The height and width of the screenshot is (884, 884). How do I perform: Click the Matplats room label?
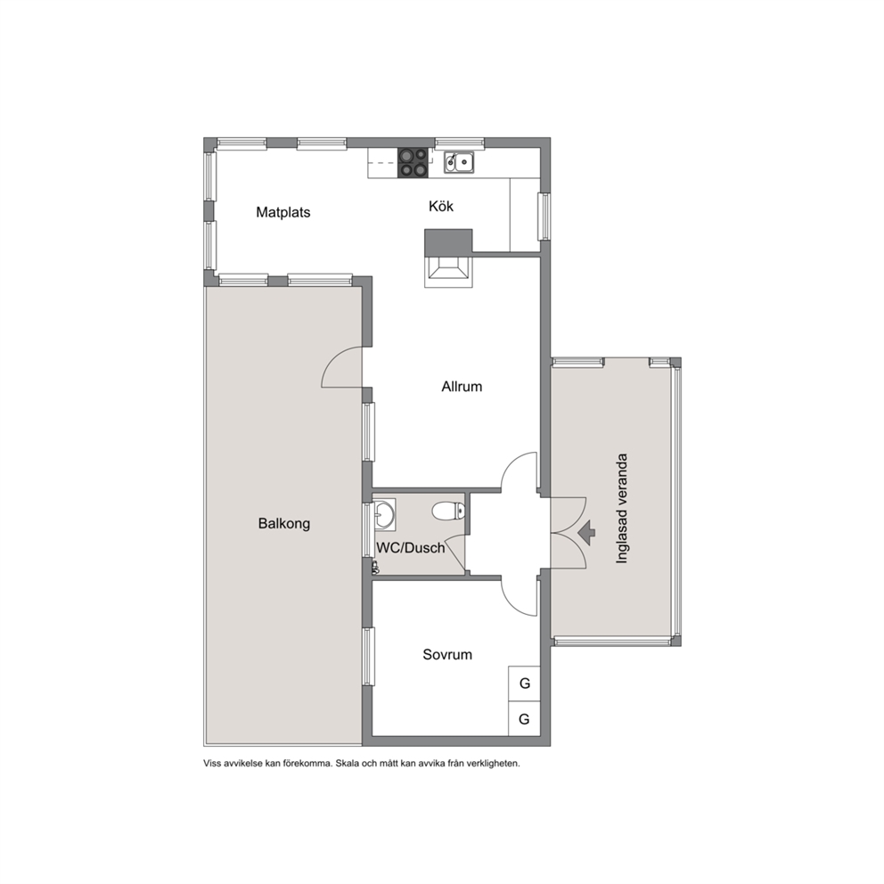point(283,213)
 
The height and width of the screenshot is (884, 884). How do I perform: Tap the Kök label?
point(441,207)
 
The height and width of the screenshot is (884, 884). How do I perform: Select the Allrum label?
point(462,387)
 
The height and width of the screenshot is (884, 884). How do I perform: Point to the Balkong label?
point(284,524)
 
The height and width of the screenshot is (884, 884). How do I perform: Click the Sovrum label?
point(447,655)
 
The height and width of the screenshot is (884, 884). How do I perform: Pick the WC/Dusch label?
point(411,548)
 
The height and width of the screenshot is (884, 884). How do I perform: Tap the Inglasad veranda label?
point(621,509)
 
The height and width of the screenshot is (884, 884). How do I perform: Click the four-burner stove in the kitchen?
point(413,162)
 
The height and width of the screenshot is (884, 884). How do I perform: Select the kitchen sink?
point(459,162)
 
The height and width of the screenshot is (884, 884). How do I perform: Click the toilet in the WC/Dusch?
point(449,512)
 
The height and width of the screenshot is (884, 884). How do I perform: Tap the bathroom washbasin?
point(384,514)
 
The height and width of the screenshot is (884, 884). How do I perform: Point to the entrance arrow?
point(587,532)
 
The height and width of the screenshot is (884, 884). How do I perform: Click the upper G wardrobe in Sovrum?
point(524,683)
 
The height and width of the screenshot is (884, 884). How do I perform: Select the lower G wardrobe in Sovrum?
point(524,719)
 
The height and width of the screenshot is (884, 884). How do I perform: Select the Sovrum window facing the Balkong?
point(368,657)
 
